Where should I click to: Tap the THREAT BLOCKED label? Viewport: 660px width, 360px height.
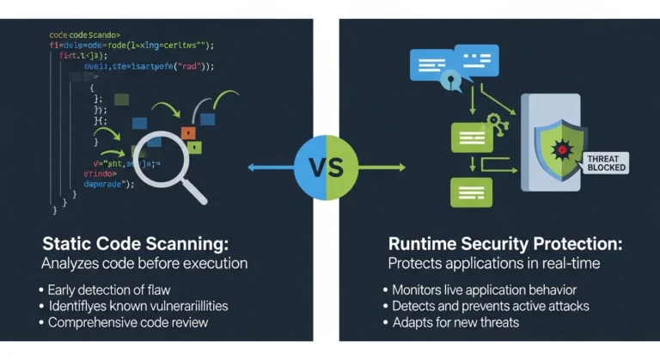pyautogui.click(x=606, y=162)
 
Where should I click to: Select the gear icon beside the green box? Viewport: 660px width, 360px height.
pyautogui.click(x=497, y=122)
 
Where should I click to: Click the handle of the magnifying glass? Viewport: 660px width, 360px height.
pyautogui.click(x=192, y=191)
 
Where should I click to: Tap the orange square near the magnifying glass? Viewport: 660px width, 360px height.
pyautogui.click(x=188, y=132)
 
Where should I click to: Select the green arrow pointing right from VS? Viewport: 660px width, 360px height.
pyautogui.click(x=382, y=167)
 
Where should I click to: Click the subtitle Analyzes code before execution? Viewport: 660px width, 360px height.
pyautogui.click(x=144, y=263)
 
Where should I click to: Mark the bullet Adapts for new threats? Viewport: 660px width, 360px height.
pyautogui.click(x=455, y=322)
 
